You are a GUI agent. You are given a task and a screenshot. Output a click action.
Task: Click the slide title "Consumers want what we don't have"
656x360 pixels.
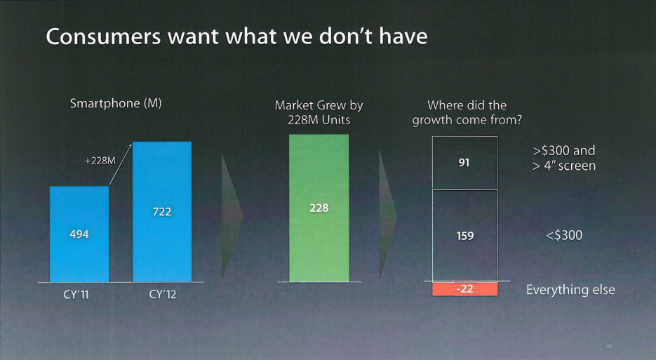[x=236, y=36]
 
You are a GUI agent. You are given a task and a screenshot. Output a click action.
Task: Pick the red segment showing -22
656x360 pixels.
[x=464, y=289]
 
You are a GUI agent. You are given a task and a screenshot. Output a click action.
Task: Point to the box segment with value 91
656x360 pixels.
[x=464, y=163]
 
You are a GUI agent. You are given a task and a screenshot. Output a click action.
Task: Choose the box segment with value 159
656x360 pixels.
[x=464, y=236]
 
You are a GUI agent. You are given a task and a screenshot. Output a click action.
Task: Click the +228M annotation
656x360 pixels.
[x=100, y=161]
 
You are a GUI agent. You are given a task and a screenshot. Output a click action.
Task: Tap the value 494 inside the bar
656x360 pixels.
[x=79, y=234]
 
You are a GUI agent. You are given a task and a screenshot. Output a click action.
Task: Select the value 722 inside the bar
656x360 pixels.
[x=162, y=211]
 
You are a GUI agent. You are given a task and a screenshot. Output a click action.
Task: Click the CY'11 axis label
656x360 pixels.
[x=76, y=295]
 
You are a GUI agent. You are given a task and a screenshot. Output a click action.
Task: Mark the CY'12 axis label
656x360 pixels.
[x=163, y=295]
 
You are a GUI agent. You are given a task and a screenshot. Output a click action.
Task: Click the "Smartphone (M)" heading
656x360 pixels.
[x=116, y=104]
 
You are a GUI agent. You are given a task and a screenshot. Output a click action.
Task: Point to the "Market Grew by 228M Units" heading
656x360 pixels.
[x=319, y=112]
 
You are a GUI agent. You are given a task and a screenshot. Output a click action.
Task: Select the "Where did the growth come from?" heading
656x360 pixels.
[x=467, y=112]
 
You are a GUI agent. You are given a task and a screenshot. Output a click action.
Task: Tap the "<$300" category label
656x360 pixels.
[x=563, y=235]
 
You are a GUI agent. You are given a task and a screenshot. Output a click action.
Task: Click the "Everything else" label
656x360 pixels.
[x=570, y=289]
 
